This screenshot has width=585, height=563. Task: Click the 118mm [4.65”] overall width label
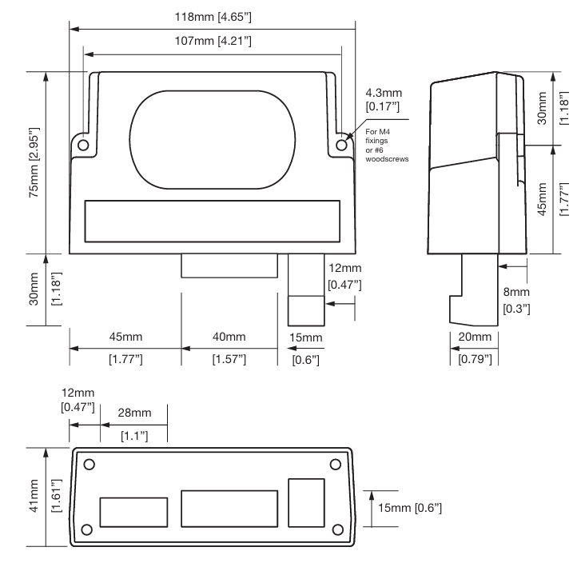pyautogui.click(x=213, y=17)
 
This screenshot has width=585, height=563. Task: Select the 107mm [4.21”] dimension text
pyautogui.click(x=213, y=41)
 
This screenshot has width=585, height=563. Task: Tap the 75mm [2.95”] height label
pyautogui.click(x=34, y=162)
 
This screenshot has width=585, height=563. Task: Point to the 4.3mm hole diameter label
pyautogui.click(x=384, y=100)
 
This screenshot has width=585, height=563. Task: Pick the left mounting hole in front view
pyautogui.click(x=83, y=145)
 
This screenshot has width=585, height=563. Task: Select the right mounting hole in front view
pyautogui.click(x=341, y=145)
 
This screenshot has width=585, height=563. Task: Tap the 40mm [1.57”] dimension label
pyautogui.click(x=229, y=348)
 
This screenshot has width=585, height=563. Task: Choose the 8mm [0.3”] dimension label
pyautogui.click(x=516, y=300)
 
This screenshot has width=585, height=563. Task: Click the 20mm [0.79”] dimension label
pyautogui.click(x=475, y=348)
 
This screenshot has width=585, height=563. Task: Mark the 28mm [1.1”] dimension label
pyautogui.click(x=134, y=424)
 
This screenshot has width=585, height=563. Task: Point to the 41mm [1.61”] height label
pyautogui.click(x=45, y=496)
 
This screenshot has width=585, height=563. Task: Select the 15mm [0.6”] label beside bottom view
pyautogui.click(x=410, y=508)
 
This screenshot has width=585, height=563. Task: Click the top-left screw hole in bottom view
pyautogui.click(x=90, y=465)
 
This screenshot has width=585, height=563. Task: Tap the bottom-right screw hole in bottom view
pyautogui.click(x=337, y=529)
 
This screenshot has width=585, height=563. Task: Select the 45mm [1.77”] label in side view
pyautogui.click(x=552, y=199)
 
